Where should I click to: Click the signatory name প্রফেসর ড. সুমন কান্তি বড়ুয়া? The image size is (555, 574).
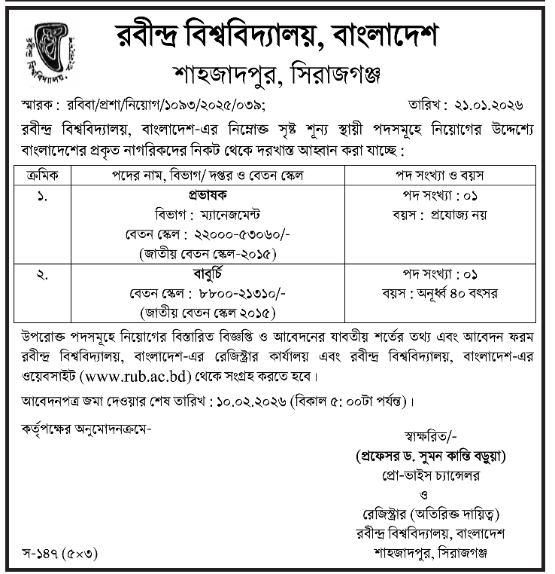point(431,456)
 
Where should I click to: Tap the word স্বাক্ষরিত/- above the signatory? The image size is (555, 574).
point(429,436)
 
